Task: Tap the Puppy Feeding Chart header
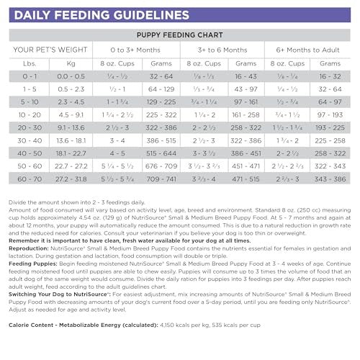pyautogui.click(x=180, y=34)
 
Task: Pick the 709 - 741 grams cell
pyautogui.click(x=161, y=178)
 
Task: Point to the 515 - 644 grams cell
pyautogui.click(x=161, y=153)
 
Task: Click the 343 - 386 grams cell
pyautogui.click(x=333, y=178)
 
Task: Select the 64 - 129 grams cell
pyautogui.click(x=161, y=89)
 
